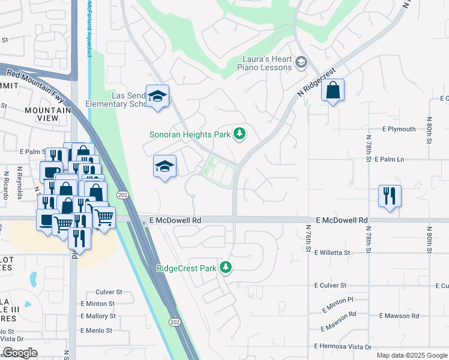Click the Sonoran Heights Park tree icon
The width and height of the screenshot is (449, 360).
coord(240,133)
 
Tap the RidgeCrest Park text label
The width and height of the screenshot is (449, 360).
coord(185,268)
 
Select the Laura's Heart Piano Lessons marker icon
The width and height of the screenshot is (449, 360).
coord(301,62)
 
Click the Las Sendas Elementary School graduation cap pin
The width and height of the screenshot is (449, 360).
coord(157,96)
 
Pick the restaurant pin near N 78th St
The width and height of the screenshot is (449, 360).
coord(390,196)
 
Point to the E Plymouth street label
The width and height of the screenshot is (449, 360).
coord(399,129)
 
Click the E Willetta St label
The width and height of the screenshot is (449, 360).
coord(339,253)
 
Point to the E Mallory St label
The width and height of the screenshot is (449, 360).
coord(98,316)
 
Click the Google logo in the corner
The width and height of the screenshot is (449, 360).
coord(19,353)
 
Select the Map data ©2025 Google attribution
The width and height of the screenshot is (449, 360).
coord(411,355)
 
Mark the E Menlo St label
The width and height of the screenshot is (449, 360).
coord(96,331)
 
